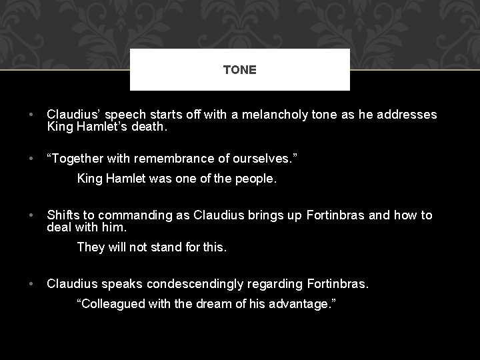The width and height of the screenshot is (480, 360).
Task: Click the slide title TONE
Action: [240, 70]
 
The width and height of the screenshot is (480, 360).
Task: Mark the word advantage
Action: [299, 304]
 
